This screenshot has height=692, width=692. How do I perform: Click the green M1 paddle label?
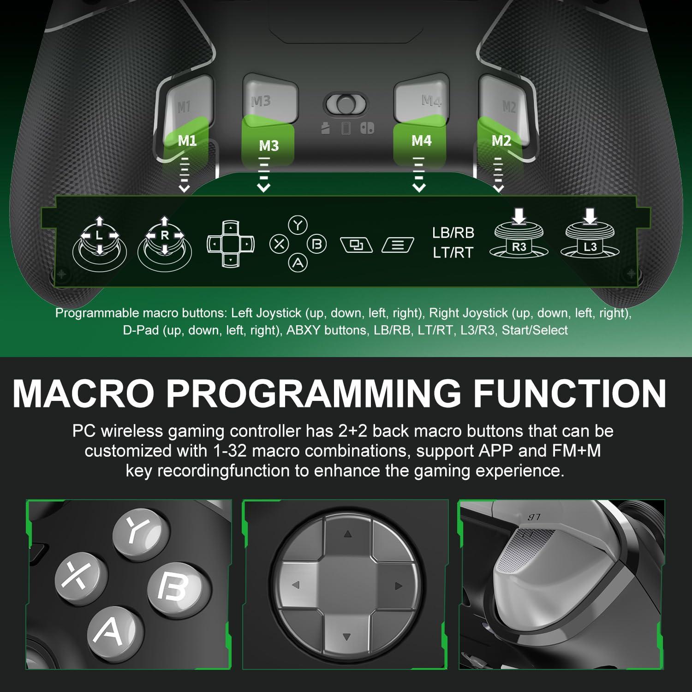coord(187,140)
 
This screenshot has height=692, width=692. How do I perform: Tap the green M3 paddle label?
coord(268,146)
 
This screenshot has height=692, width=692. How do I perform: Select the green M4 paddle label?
coord(421,140)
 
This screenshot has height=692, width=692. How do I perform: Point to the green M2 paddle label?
coord(501,140)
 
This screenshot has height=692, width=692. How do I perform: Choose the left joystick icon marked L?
coord(99,242)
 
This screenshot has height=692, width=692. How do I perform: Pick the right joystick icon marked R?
coord(165,242)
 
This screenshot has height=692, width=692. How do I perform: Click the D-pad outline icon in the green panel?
coord(230,244)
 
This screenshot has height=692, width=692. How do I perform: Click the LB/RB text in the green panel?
coord(453,233)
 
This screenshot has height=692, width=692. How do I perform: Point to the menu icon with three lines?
coord(398,245)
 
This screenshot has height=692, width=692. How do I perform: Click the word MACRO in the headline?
coord(83,393)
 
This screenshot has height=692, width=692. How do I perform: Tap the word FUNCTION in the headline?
coord(570,393)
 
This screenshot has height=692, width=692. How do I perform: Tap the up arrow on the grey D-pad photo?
coord(347,534)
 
